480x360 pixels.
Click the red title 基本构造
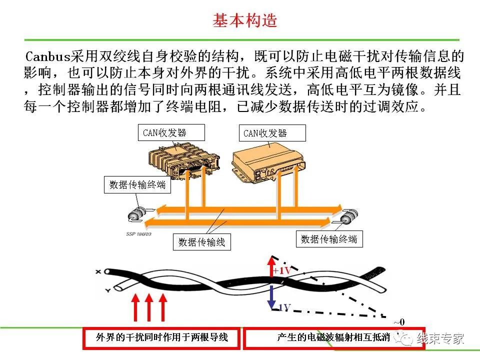(x=245, y=20)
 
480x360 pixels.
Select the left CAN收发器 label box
(x=171, y=132)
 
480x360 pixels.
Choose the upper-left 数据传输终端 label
(x=137, y=185)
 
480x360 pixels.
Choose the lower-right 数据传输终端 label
(x=329, y=239)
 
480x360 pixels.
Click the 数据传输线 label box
(x=202, y=242)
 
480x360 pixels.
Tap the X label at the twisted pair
(x=98, y=271)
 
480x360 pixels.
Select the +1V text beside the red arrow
(x=282, y=271)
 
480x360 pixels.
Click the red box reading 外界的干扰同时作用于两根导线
(x=161, y=338)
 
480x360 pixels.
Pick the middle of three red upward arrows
(x=148, y=307)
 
